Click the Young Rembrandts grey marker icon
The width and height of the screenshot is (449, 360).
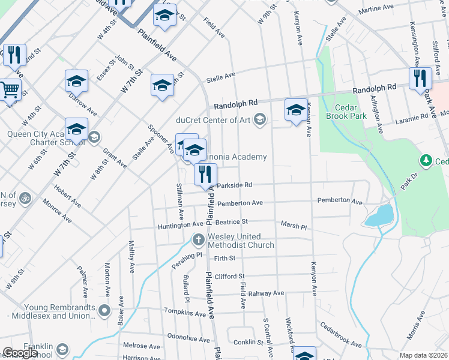(104, 311)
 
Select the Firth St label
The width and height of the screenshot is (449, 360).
(226, 258)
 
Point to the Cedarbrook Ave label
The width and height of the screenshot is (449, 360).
(340, 336)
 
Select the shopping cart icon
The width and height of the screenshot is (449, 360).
(10, 91)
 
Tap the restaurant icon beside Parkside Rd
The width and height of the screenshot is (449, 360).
(206, 175)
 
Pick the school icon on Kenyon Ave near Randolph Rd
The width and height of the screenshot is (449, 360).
(296, 110)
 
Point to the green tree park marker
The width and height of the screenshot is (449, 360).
(426, 160)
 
